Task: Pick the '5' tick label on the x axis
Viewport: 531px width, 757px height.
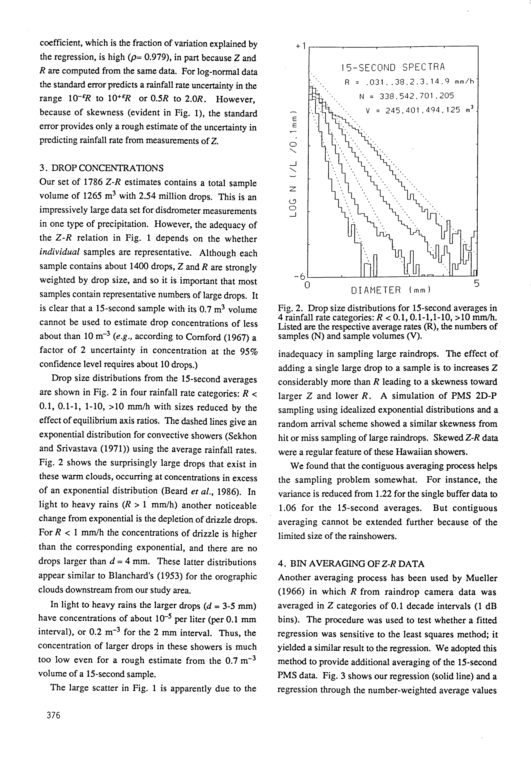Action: (477, 284)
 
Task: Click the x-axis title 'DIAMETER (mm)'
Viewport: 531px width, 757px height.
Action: (391, 291)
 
